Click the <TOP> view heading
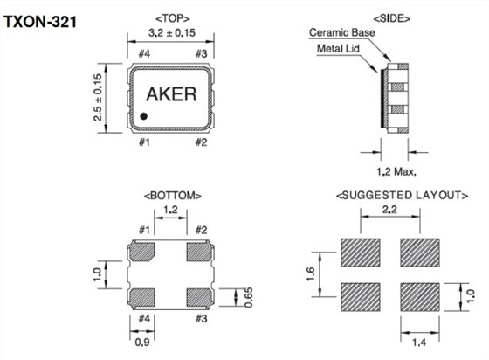(172, 18)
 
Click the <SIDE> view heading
(395, 18)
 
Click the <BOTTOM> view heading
(172, 196)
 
